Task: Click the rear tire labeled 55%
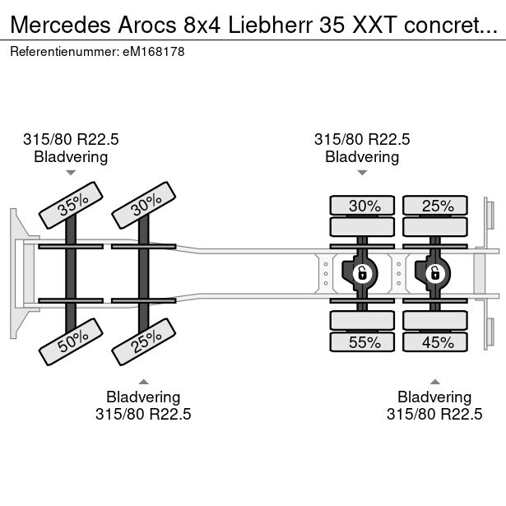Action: (364, 342)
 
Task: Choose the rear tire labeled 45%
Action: (437, 342)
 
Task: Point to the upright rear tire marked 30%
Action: (364, 206)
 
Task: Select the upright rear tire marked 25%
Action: (437, 206)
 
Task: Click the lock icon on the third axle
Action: (360, 272)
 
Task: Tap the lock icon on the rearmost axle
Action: (432, 272)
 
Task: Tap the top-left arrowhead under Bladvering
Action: (71, 173)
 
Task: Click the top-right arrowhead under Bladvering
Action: (362, 173)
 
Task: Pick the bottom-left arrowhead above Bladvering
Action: (143, 381)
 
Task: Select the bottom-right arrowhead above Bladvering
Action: (434, 381)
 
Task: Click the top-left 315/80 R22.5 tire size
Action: (71, 140)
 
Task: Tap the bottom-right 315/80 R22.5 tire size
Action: (434, 414)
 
